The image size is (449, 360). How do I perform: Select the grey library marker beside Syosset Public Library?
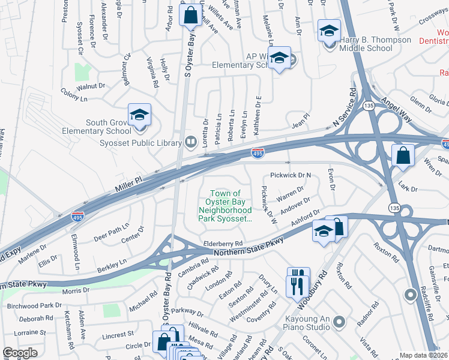pos(191,142)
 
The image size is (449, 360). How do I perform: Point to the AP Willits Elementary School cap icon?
pos(279,58)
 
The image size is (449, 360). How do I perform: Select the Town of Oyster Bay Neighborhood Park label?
pos(224,206)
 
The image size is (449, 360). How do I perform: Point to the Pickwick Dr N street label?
pos(291,176)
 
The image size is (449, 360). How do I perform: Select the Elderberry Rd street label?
pos(223,243)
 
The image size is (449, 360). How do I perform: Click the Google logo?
pos(20,353)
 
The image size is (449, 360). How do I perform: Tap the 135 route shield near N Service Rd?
pos(369,106)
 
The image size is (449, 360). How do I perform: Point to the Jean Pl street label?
pos(300,119)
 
